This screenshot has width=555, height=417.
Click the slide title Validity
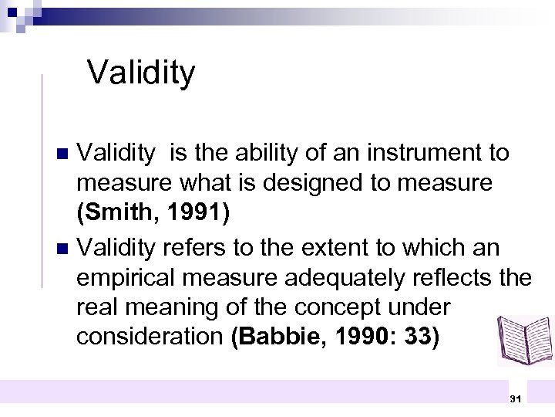(x=141, y=73)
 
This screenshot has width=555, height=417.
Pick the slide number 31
(x=515, y=398)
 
